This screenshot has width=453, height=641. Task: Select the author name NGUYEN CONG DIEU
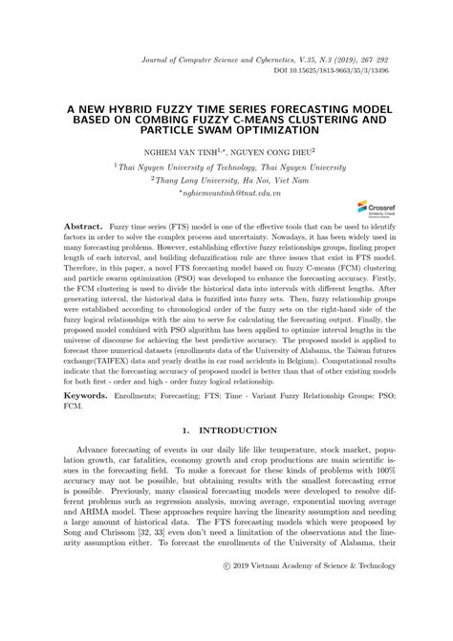[x=278, y=150]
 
